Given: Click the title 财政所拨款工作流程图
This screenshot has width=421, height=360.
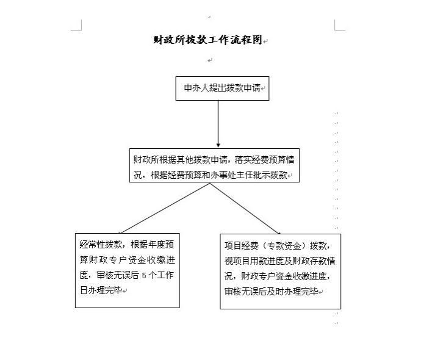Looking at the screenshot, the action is (207, 40).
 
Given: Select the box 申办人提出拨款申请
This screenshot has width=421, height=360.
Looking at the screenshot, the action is (222, 88).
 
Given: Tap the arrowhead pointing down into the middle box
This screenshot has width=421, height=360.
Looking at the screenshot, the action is (218, 145).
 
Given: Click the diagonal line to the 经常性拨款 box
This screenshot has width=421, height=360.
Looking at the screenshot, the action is (164, 208).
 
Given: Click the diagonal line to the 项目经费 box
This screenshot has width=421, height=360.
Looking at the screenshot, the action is (245, 209).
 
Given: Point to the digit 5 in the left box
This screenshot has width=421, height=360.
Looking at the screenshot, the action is (144, 275).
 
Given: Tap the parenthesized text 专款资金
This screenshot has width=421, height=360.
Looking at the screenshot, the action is (284, 246).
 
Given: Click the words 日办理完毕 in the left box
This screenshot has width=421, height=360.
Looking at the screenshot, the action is (101, 290).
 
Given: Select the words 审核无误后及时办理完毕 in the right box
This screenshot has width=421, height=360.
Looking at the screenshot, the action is (272, 291).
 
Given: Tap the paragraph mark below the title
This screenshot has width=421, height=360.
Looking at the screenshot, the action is (210, 60).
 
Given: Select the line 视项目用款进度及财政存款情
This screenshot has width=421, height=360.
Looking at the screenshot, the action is (280, 261).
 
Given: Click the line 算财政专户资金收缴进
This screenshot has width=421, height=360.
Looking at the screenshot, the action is (128, 259).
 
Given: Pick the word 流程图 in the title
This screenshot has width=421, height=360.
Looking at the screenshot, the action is (246, 40).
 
